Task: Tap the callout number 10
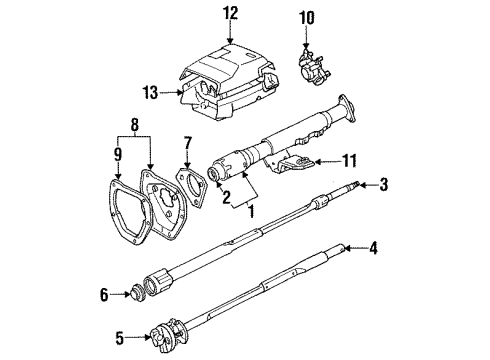click(308, 17)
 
